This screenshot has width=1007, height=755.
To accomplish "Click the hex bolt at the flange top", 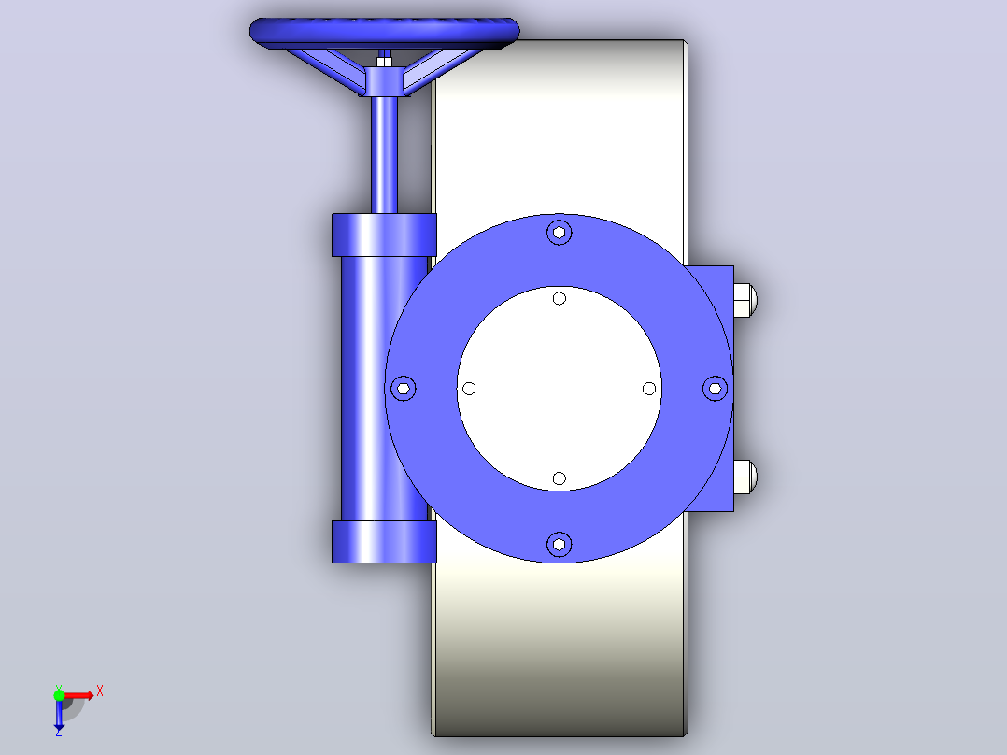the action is pos(559,232).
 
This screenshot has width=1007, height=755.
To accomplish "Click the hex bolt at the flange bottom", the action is pos(559,544).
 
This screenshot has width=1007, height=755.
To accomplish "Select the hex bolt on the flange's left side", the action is pos(404,388).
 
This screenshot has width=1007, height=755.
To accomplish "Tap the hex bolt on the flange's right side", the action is pos(715,388).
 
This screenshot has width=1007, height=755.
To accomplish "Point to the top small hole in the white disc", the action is pos(559,298).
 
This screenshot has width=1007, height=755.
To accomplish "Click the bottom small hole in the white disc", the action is pos(559,478).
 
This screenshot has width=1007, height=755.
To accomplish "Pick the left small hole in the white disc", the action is pos(469,388).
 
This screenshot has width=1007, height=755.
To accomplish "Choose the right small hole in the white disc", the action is pos(648,388).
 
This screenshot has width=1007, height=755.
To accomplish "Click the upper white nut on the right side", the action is pos(745,300).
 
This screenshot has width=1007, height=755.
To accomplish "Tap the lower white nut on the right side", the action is pos(745,477).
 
